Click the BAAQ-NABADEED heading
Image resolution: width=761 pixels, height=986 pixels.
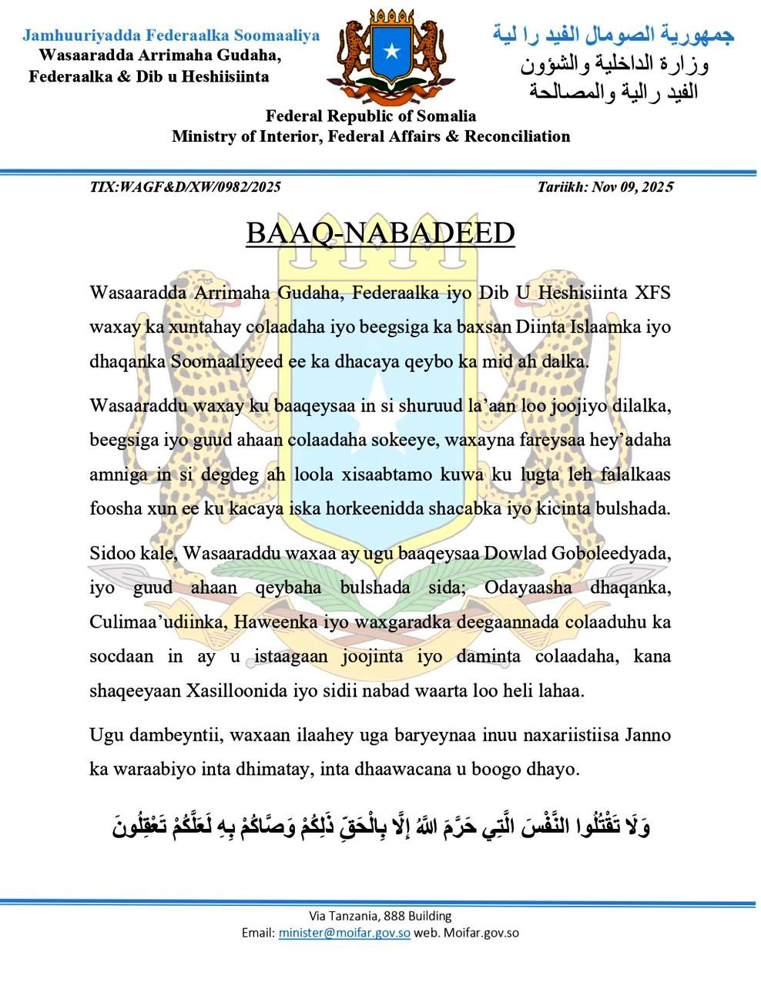coord(380,233)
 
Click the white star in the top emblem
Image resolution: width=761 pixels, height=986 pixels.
coord(392,52)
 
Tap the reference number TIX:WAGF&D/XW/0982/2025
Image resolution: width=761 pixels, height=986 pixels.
coord(185,187)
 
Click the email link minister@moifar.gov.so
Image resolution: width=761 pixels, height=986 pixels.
coord(344,933)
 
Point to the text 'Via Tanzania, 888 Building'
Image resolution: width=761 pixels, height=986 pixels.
coord(380,916)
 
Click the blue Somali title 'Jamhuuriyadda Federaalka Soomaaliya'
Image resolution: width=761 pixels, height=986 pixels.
coord(171,35)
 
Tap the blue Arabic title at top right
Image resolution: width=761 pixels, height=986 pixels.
coord(613,35)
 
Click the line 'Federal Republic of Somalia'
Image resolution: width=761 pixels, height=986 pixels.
coord(370,116)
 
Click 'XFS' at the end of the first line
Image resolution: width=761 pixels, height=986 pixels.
coord(652,293)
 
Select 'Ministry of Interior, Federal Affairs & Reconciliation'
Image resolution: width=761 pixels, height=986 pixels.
coord(370,137)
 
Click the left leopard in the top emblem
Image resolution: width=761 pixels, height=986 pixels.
coord(351,48)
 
